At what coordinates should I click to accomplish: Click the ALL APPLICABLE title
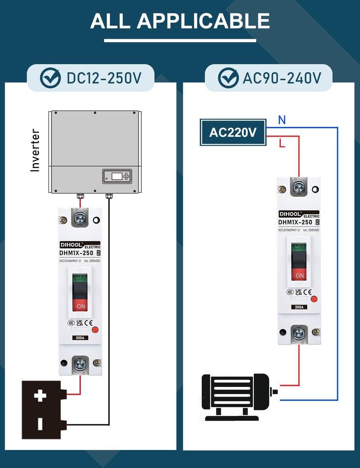pyautogui.click(x=180, y=21)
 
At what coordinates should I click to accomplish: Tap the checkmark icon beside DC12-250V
pyautogui.click(x=51, y=78)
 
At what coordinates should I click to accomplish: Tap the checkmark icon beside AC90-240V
pyautogui.click(x=229, y=78)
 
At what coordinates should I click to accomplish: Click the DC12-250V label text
pyautogui.click(x=104, y=78)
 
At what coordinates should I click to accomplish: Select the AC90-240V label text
pyautogui.click(x=282, y=78)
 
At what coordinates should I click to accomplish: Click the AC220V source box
pyautogui.click(x=233, y=132)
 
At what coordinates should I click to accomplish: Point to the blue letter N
pyautogui.click(x=282, y=120)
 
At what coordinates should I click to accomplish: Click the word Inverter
pyautogui.click(x=35, y=150)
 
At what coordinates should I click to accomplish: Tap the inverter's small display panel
pyautogui.click(x=117, y=176)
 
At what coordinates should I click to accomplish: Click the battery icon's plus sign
pyautogui.click(x=40, y=396)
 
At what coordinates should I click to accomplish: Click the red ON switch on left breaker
pyautogui.click(x=81, y=306)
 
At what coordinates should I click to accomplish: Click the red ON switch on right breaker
pyautogui.click(x=300, y=275)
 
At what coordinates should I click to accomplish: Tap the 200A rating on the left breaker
pyautogui.click(x=81, y=337)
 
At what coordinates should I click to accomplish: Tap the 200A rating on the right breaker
pyautogui.click(x=299, y=307)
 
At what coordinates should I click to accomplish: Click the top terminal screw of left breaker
pyautogui.click(x=81, y=218)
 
